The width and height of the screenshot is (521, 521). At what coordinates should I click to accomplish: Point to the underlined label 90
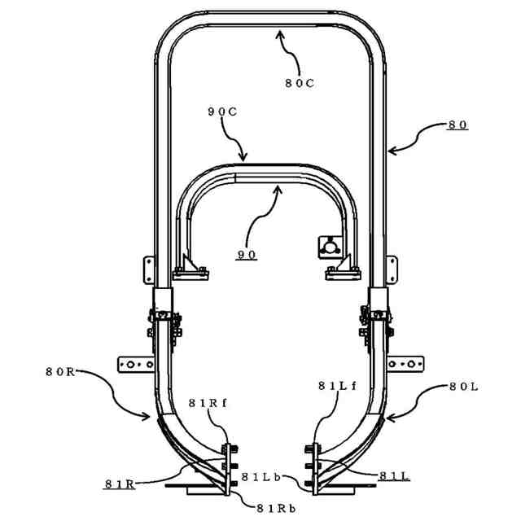247,255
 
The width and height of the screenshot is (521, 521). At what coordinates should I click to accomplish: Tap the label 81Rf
204,402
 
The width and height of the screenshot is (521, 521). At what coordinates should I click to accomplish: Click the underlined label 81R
119,484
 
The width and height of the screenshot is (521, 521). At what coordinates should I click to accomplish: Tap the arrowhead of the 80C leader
278,30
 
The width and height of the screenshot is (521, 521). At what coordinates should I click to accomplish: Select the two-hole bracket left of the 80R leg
135,363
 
